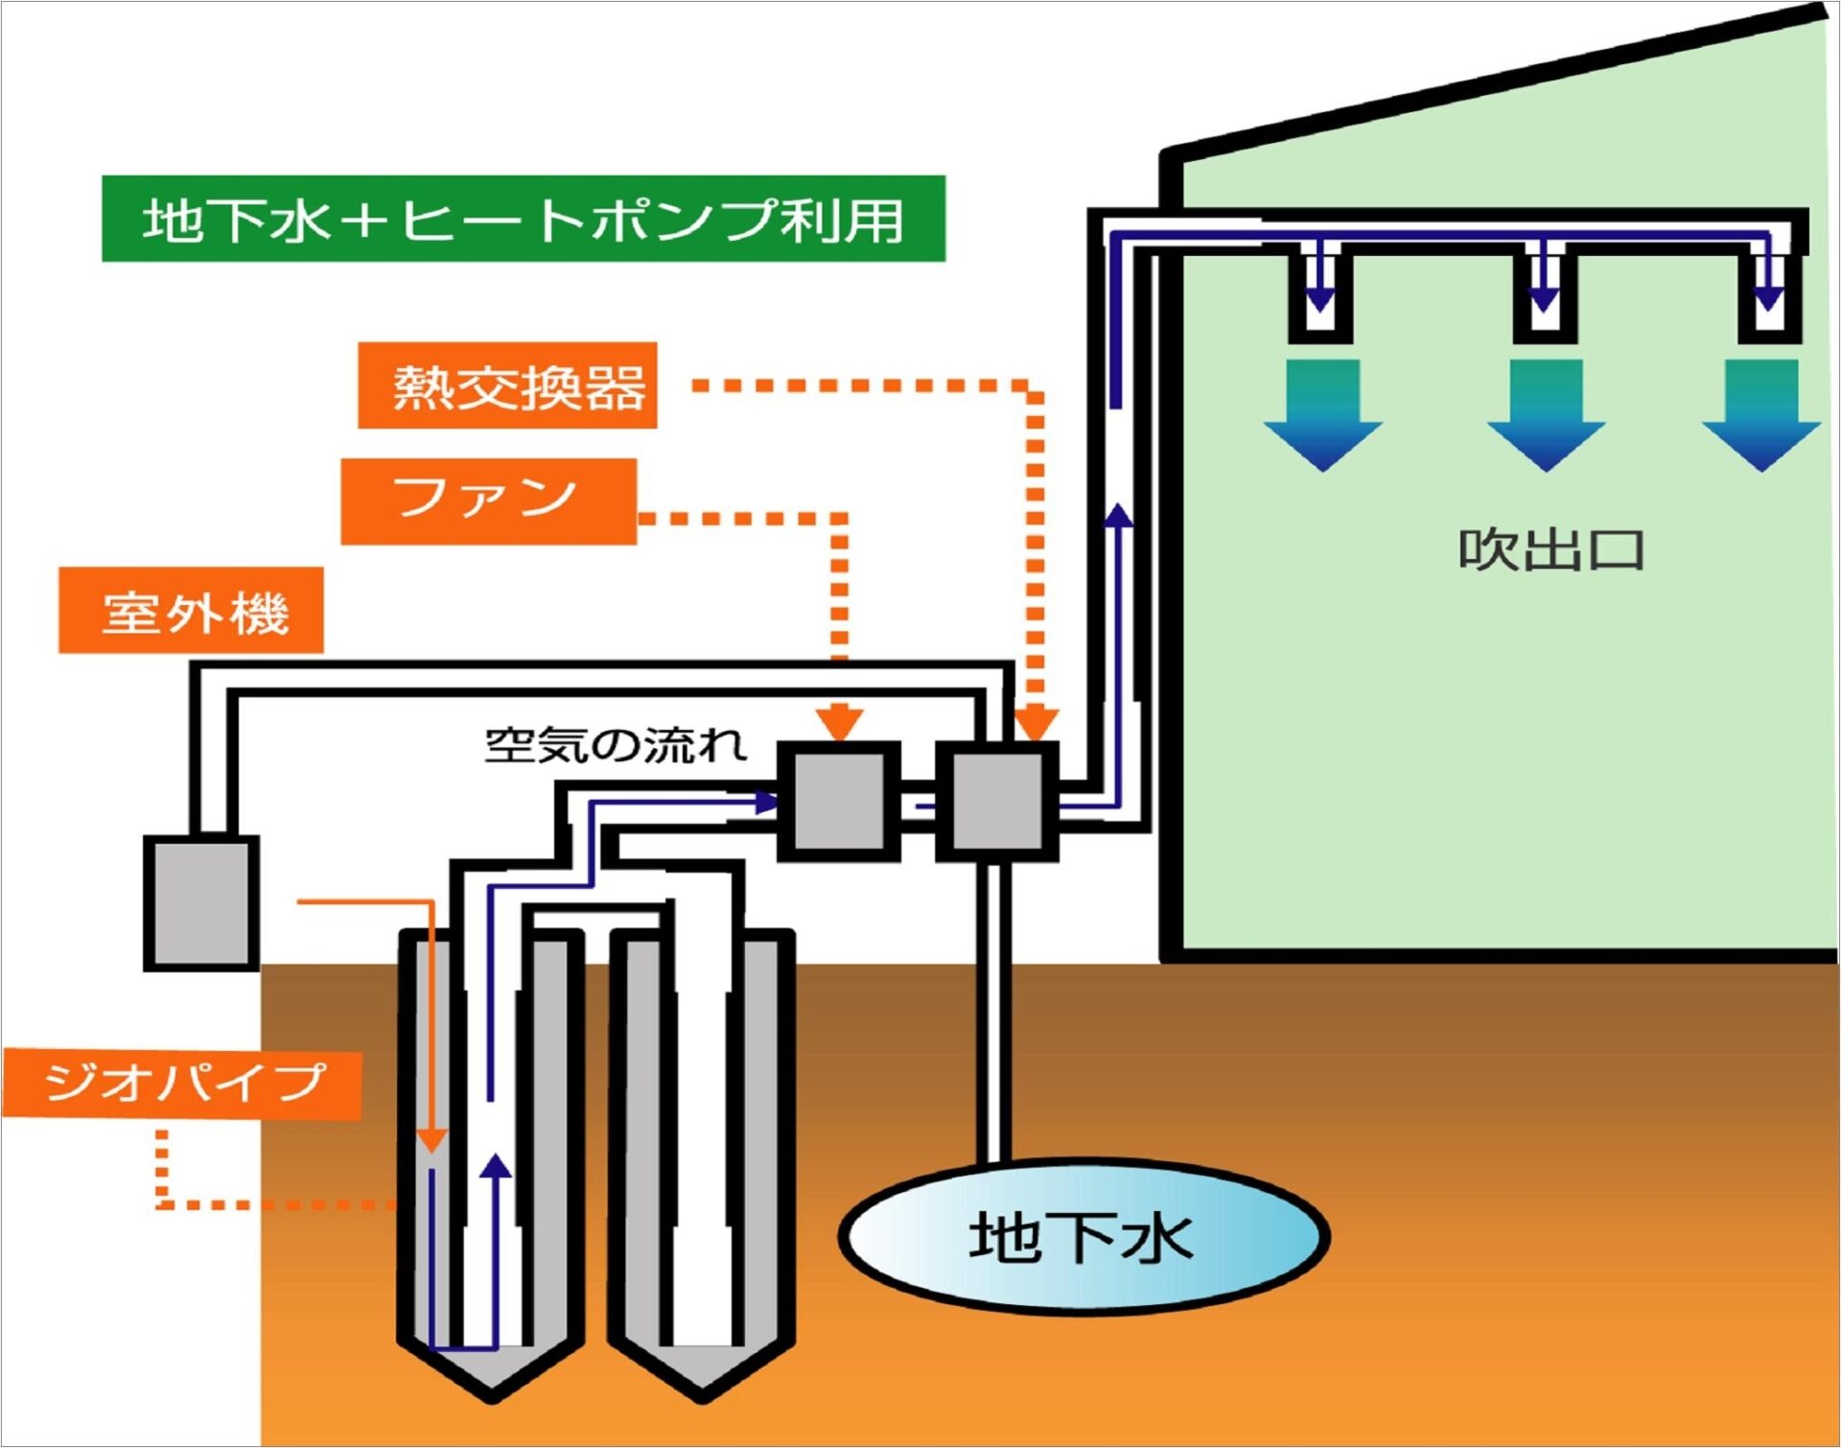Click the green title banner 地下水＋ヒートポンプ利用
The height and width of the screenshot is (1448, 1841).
tap(524, 219)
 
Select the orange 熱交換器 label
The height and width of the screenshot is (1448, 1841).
tap(507, 385)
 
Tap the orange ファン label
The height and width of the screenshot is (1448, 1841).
tap(488, 502)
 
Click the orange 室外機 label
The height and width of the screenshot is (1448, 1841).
tap(191, 611)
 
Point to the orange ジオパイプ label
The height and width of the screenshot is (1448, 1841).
tap(182, 1085)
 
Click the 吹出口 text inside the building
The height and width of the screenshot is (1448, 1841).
tap(1550, 550)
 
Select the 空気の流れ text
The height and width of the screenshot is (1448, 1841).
tap(615, 745)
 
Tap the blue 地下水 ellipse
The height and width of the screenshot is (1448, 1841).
tap(1084, 1236)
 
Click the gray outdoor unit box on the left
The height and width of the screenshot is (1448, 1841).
tap(201, 902)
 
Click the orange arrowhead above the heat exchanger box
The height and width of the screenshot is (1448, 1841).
tap(1035, 724)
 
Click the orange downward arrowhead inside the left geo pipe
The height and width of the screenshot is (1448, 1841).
tap(432, 1139)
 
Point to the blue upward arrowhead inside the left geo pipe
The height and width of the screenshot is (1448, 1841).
tap(496, 1165)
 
